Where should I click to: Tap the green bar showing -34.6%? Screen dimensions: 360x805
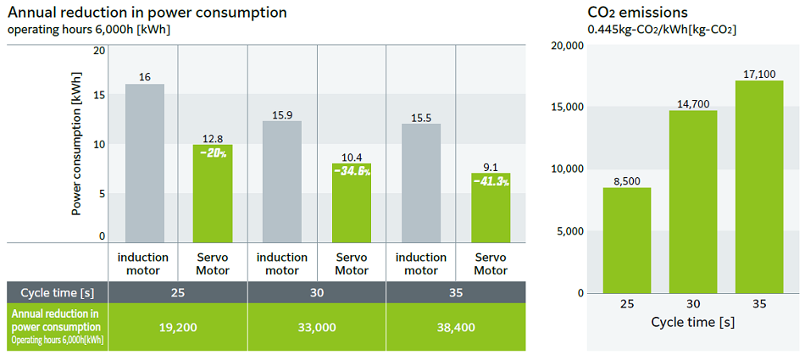point(352,202)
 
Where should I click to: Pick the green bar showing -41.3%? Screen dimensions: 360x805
point(491,208)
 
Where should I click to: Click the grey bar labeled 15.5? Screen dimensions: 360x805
point(421,183)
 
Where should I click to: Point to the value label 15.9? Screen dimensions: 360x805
point(282,114)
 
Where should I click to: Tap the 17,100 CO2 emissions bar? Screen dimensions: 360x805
point(758,186)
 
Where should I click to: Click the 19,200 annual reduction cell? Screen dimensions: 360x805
point(178,327)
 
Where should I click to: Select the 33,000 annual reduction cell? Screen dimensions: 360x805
point(317,327)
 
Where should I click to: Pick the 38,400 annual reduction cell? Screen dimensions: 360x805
point(456,327)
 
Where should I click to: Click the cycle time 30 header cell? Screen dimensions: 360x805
point(317,292)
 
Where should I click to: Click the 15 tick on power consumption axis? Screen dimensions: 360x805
point(100,95)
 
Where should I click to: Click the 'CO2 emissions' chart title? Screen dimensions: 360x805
point(637,12)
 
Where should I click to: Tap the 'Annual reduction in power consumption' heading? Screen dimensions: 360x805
point(147,12)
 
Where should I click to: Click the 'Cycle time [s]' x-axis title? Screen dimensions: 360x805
point(692,323)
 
